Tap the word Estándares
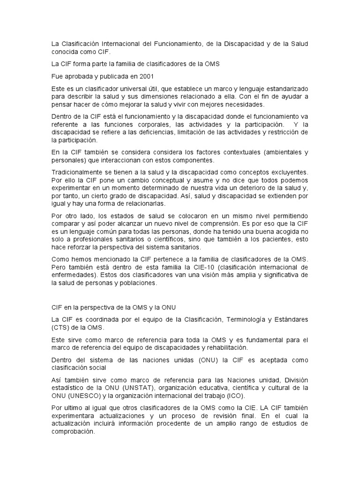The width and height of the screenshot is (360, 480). coord(290,320)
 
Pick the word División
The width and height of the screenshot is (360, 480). coord(296,380)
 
